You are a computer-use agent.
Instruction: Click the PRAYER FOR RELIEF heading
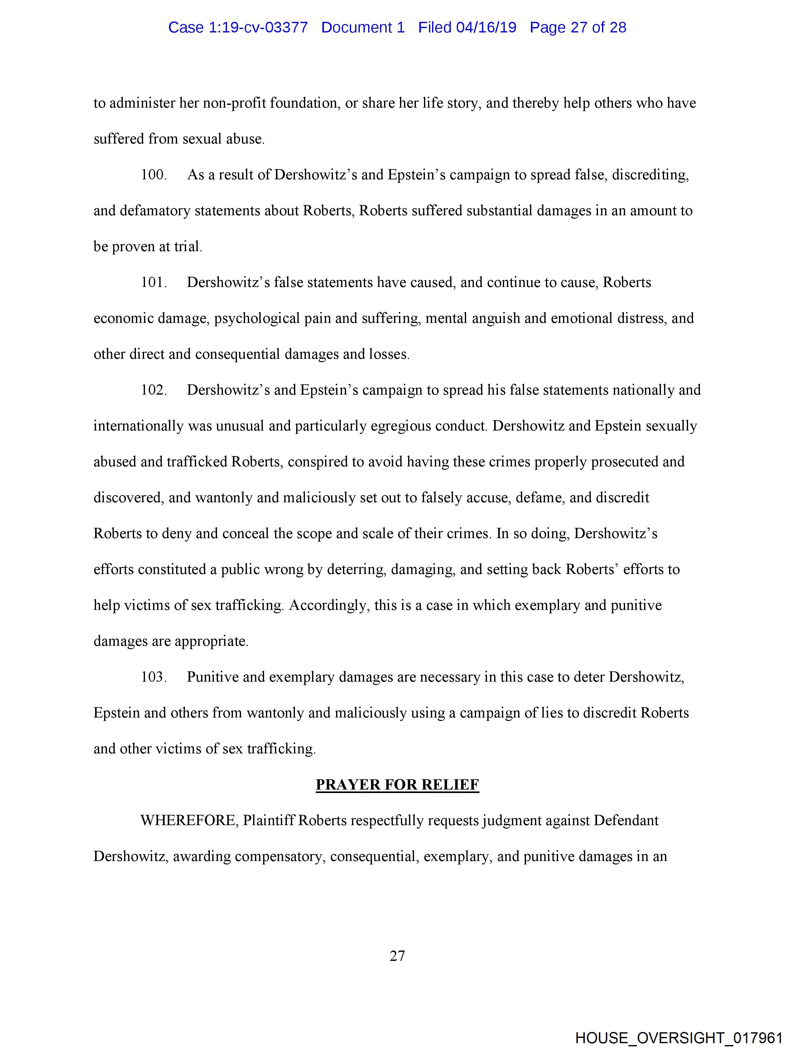(397, 785)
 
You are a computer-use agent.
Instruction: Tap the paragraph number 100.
(153, 175)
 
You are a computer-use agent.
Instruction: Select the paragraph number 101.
(153, 282)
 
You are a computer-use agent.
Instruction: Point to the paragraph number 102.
(153, 390)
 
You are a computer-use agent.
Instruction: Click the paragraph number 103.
(153, 677)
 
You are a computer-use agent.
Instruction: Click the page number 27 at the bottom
(397, 956)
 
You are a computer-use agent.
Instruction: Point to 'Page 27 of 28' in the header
(578, 27)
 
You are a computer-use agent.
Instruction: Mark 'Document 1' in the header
(363, 27)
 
